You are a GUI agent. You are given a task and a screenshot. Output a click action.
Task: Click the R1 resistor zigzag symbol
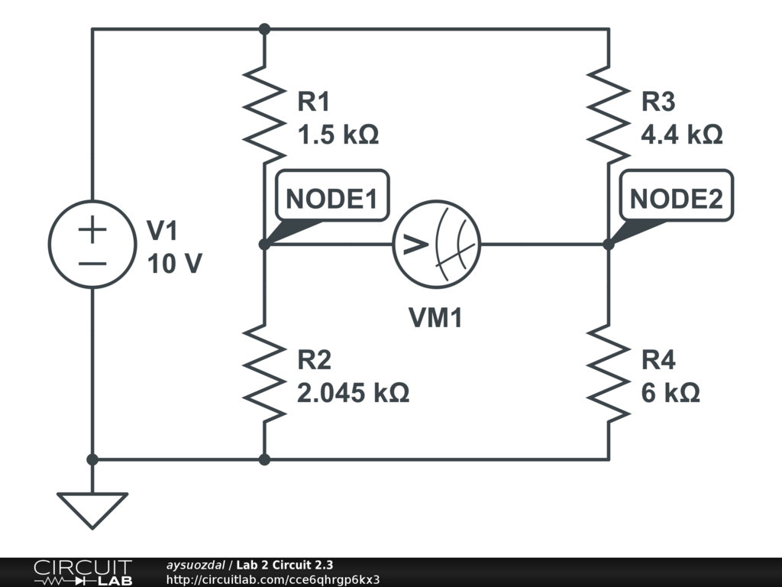263,115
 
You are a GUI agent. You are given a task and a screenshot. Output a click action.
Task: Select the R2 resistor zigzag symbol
263,372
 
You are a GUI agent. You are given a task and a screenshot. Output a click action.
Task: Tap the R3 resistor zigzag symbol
609,115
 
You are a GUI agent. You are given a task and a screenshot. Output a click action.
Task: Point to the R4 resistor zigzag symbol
609,372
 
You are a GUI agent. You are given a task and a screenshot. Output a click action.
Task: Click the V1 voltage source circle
92,245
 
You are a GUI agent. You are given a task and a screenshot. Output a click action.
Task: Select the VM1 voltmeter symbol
436,245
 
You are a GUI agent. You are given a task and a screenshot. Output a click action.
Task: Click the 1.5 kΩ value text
338,135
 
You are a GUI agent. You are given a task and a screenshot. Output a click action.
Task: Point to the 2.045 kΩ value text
353,393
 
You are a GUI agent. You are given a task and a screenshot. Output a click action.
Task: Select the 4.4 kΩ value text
682,135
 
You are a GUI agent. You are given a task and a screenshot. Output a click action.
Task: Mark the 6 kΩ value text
671,393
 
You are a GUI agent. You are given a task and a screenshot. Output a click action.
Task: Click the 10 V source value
174,264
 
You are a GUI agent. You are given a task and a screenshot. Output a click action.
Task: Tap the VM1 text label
435,317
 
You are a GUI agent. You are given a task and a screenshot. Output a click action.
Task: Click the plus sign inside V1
92,230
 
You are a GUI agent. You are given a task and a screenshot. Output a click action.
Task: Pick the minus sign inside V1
92,263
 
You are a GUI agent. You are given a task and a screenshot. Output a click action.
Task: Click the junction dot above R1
264,29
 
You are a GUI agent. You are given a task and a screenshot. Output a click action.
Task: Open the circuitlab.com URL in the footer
273,579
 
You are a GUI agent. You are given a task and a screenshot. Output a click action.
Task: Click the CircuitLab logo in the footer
82,572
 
